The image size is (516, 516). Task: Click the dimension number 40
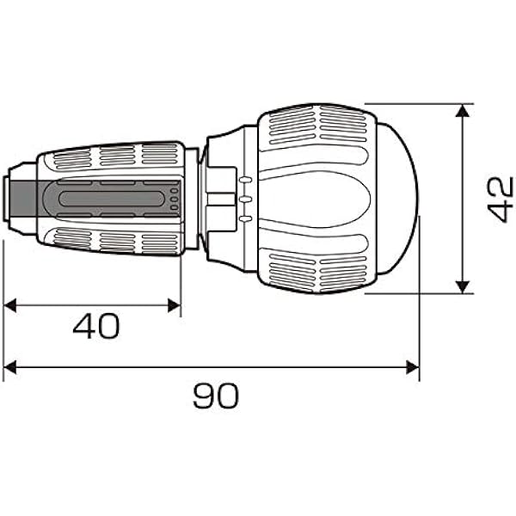point(96,326)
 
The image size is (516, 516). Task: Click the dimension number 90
point(216,396)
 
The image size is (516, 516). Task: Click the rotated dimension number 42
point(501,200)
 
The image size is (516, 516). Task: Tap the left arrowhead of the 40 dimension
point(9,305)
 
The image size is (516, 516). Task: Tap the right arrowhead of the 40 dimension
point(174,305)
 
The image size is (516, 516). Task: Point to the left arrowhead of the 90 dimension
point(9,367)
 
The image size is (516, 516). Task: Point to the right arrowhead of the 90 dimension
point(413,367)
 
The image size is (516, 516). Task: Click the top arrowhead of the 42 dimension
point(463,110)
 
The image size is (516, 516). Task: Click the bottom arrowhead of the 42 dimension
point(463,287)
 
